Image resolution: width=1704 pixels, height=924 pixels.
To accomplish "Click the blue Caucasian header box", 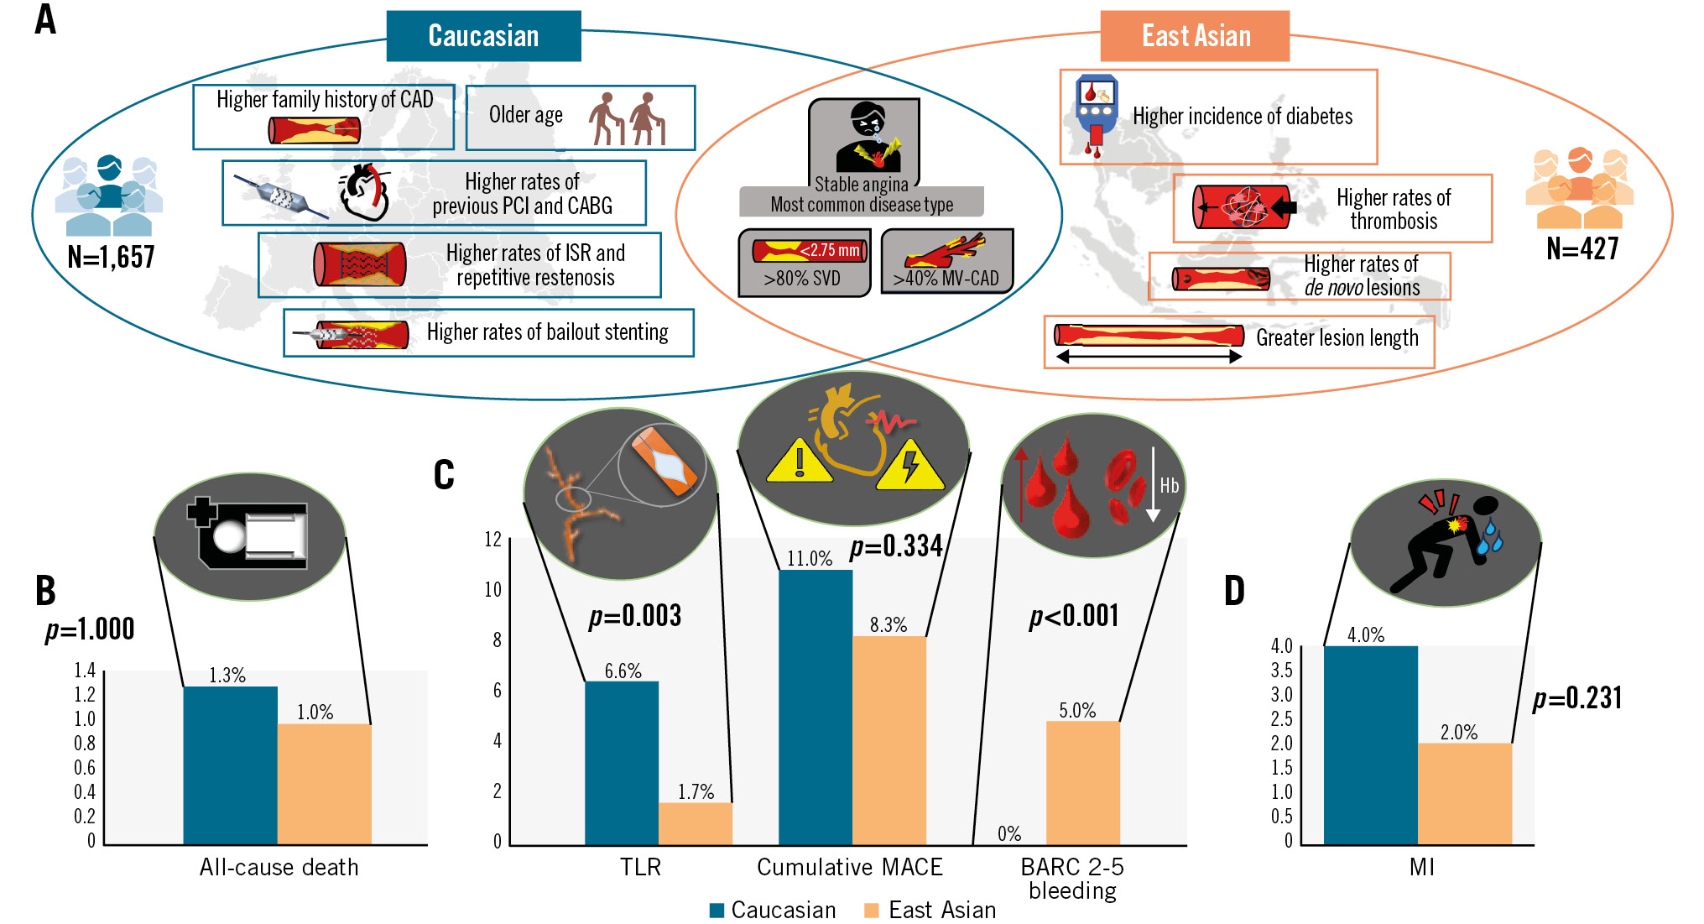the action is point(483,36).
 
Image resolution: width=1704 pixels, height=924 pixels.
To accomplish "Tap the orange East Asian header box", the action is point(1195,36).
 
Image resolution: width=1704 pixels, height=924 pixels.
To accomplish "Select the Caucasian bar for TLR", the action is point(622,762).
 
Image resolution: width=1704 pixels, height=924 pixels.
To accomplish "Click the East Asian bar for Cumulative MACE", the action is point(889,740).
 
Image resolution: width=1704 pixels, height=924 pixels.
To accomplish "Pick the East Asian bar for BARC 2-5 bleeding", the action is point(1083,782).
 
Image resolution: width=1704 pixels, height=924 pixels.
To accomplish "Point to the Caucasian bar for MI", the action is point(1371,745).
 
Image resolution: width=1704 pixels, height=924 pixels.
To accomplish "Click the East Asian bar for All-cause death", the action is point(324,784).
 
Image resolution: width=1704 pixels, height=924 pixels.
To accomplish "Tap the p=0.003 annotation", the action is point(635,616).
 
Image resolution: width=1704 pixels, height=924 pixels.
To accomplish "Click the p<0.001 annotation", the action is point(1074,616).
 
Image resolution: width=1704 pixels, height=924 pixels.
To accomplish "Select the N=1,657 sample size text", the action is point(111,257).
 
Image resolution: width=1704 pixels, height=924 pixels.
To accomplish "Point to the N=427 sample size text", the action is point(1582,248).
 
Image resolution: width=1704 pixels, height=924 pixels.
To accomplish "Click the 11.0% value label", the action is point(810,559).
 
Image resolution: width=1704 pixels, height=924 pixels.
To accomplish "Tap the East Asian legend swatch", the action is point(872,911).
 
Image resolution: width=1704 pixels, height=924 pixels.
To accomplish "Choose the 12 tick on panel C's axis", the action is point(493,540).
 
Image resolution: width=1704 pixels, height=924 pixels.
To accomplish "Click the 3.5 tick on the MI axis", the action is point(1281,671).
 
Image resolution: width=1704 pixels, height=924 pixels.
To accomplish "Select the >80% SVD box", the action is point(805,263).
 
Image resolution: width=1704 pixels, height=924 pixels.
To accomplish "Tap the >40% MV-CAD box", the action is point(947,261).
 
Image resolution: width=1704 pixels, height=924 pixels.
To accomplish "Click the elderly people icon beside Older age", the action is point(627,118).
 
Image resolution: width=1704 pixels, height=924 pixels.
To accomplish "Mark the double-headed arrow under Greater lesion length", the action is point(1149,357).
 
